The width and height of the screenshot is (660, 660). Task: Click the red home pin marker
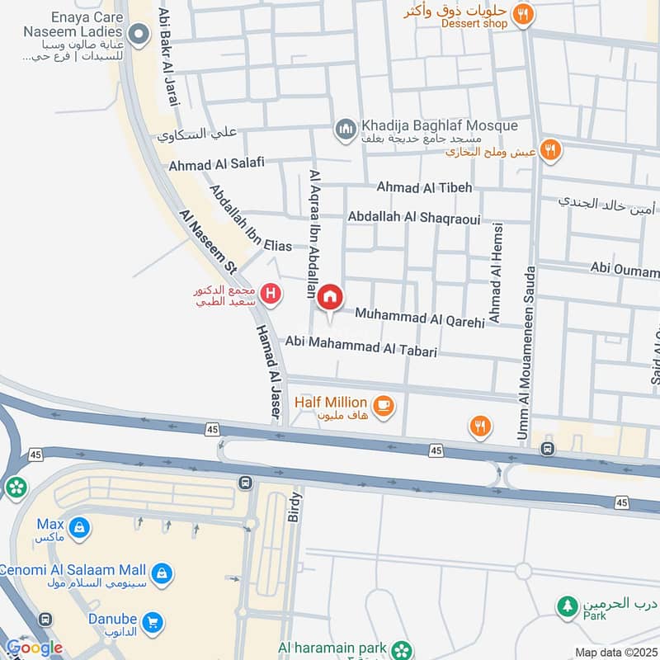click(x=330, y=299)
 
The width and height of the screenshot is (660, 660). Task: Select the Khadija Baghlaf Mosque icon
click(x=345, y=129)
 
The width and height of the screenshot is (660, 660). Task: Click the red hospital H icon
click(x=268, y=294)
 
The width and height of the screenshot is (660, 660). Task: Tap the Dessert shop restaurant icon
click(x=521, y=14)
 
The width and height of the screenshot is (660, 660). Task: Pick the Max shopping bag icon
click(x=78, y=526)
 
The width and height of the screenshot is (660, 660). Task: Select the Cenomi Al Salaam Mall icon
click(x=163, y=572)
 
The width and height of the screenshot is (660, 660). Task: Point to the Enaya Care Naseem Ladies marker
click(x=139, y=34)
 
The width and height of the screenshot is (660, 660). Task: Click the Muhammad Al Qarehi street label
click(x=420, y=318)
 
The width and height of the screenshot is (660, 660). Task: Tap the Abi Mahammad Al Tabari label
click(x=361, y=346)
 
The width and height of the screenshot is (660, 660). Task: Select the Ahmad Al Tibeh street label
click(x=424, y=187)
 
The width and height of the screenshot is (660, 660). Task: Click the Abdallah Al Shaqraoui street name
click(x=414, y=216)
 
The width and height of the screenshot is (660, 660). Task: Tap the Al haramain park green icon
click(x=402, y=649)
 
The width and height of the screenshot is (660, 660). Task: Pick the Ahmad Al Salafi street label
click(x=216, y=163)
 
